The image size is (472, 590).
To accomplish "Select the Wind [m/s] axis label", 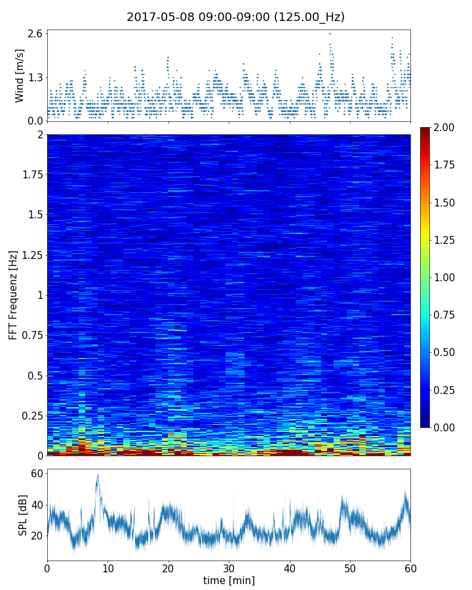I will (20, 75).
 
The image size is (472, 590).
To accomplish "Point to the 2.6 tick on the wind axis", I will (35, 33).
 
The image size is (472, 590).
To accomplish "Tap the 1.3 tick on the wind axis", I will (35, 77).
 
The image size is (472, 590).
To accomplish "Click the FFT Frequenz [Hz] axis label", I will (13, 295).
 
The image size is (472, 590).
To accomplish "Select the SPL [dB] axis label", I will (23, 515).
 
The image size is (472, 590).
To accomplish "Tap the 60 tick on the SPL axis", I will (37, 473).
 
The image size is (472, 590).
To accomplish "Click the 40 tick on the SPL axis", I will (37, 505).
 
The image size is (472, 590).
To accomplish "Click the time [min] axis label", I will (229, 580).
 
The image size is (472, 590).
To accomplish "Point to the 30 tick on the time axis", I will (229, 567).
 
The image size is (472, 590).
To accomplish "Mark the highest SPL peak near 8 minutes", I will (97, 474).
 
